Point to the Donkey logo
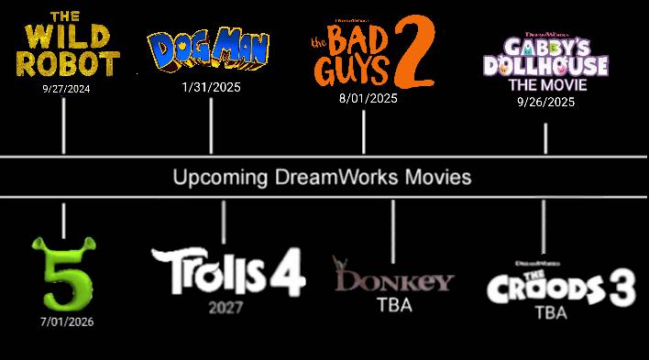click(x=393, y=277)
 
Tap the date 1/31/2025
click(x=211, y=87)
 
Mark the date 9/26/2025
click(x=545, y=102)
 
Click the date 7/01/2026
click(x=66, y=322)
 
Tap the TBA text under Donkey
click(x=394, y=305)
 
